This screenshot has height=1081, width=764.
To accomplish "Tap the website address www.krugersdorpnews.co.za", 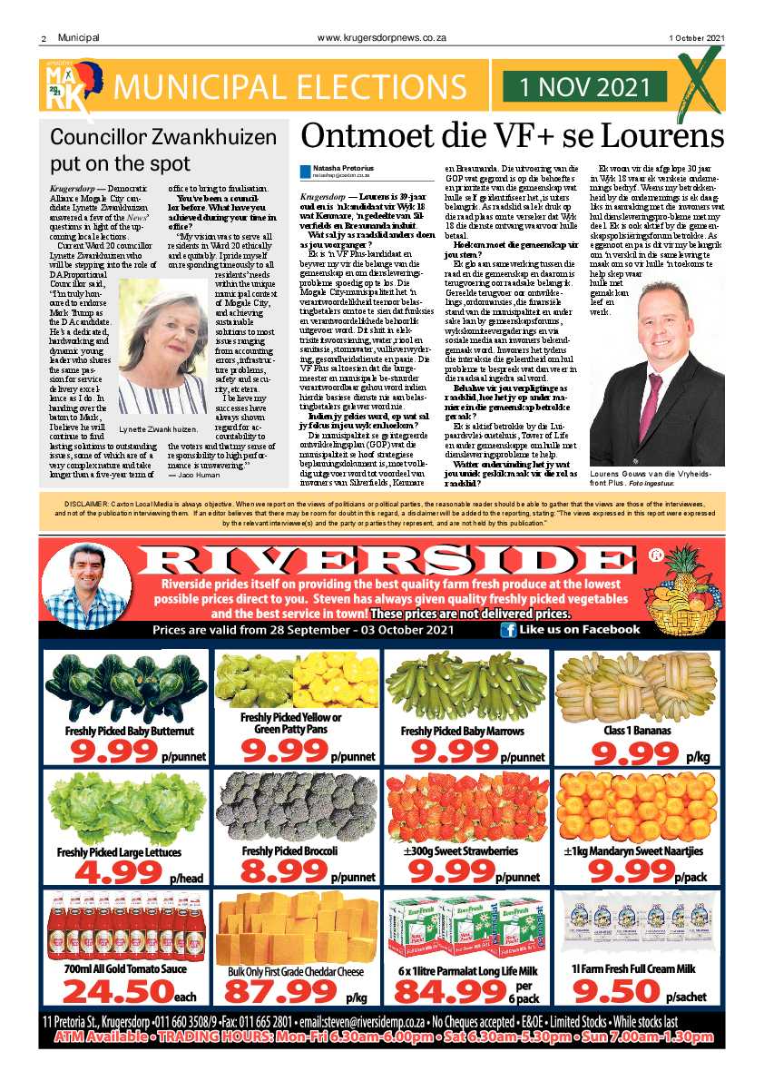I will pyautogui.click(x=382, y=37).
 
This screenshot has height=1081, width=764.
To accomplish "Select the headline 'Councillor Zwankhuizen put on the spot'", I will pyautogui.click(x=150, y=151).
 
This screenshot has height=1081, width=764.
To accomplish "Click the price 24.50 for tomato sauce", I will pyautogui.click(x=115, y=988).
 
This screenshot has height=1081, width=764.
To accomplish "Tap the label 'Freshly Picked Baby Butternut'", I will pyautogui.click(x=128, y=731).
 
